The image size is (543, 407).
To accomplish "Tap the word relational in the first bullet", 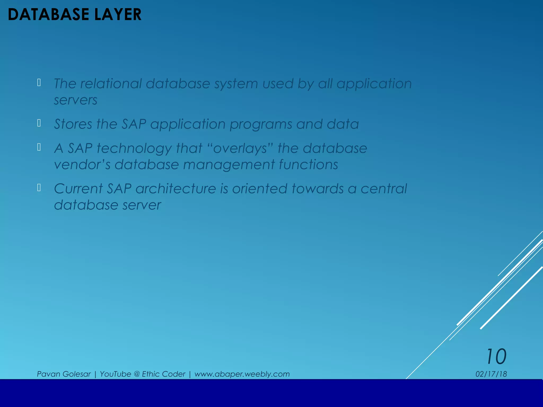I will click(x=111, y=84).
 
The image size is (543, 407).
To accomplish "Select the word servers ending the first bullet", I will click(x=76, y=100).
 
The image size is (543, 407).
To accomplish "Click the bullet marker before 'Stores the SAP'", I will click(x=39, y=123).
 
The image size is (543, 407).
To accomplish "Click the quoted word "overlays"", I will click(x=240, y=148).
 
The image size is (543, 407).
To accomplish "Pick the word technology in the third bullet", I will click(x=134, y=148).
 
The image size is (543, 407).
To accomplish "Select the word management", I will click(x=229, y=165).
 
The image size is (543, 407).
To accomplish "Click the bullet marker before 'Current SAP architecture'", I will click(x=39, y=188).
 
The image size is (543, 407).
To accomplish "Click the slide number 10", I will click(x=496, y=357).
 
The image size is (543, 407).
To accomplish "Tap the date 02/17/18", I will click(x=491, y=374).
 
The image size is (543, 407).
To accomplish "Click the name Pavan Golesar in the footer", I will click(x=64, y=374).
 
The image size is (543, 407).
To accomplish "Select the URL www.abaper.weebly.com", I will click(x=242, y=374).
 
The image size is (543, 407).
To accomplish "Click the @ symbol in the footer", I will click(x=137, y=374).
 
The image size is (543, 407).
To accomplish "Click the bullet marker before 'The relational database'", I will click(x=39, y=83).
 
